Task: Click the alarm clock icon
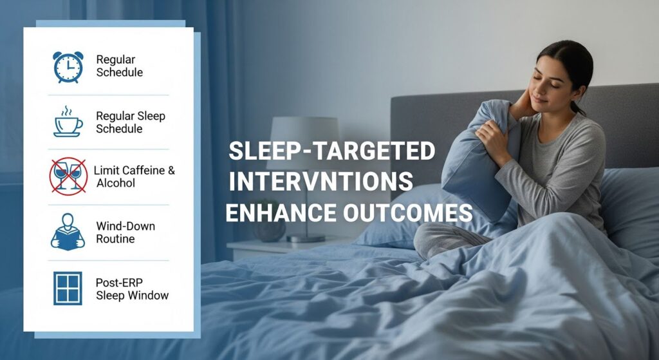click(x=68, y=67)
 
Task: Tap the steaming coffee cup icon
click(x=68, y=122)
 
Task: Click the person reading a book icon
click(x=68, y=232)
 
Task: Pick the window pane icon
click(x=68, y=288)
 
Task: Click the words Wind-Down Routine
click(x=125, y=232)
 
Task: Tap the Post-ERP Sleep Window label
click(x=132, y=289)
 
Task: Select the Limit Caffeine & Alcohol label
click(x=134, y=176)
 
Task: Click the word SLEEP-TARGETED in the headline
click(x=331, y=151)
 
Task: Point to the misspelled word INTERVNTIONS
click(x=320, y=182)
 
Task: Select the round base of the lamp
click(x=306, y=238)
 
